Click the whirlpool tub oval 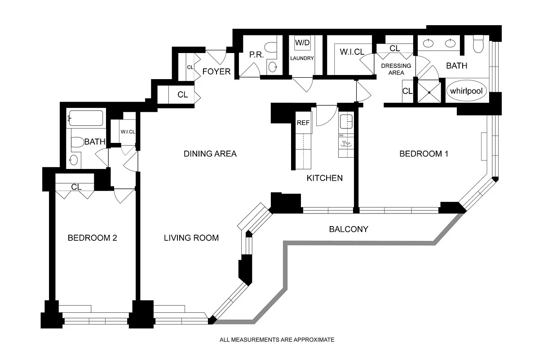[x=466, y=91]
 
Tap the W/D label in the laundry [x=302, y=43]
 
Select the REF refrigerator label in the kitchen [x=303, y=123]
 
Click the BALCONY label [x=349, y=229]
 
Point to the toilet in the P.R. [x=271, y=47]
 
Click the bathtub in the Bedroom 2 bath [x=86, y=118]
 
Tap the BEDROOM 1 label [x=424, y=154]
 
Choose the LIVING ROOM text [x=191, y=238]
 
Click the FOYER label [x=216, y=71]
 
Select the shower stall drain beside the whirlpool [x=429, y=93]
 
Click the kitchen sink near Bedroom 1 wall [x=346, y=121]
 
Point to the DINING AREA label [x=210, y=154]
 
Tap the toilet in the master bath [x=478, y=44]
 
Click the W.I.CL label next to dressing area [x=352, y=52]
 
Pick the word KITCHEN [x=325, y=178]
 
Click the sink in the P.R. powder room [x=272, y=67]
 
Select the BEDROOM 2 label [x=92, y=238]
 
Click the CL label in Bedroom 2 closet [x=76, y=187]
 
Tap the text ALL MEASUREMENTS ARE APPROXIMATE [x=277, y=340]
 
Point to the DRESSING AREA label [x=396, y=69]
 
